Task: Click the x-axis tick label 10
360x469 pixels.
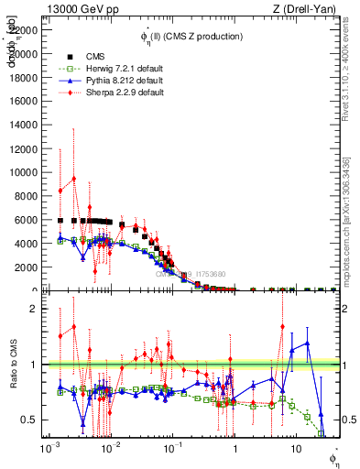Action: click(295, 450)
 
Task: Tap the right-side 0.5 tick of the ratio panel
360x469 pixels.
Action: click(348, 420)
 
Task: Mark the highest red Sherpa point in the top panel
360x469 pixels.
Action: click(73, 179)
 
